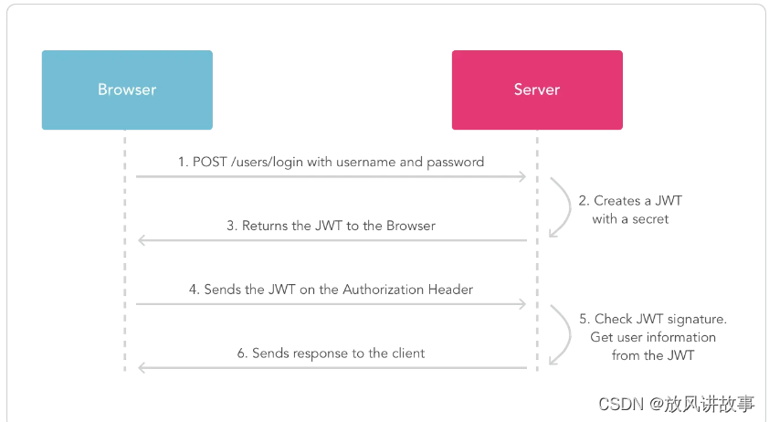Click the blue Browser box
(x=127, y=90)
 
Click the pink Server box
(x=537, y=90)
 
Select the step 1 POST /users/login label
(x=331, y=162)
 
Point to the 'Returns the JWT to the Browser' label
(x=331, y=226)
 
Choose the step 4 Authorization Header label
(x=331, y=290)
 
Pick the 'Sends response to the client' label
(x=331, y=353)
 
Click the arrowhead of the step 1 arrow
(x=522, y=176)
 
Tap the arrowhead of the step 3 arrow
(x=142, y=240)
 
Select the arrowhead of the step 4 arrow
(x=522, y=304)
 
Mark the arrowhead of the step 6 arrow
(x=142, y=367)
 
